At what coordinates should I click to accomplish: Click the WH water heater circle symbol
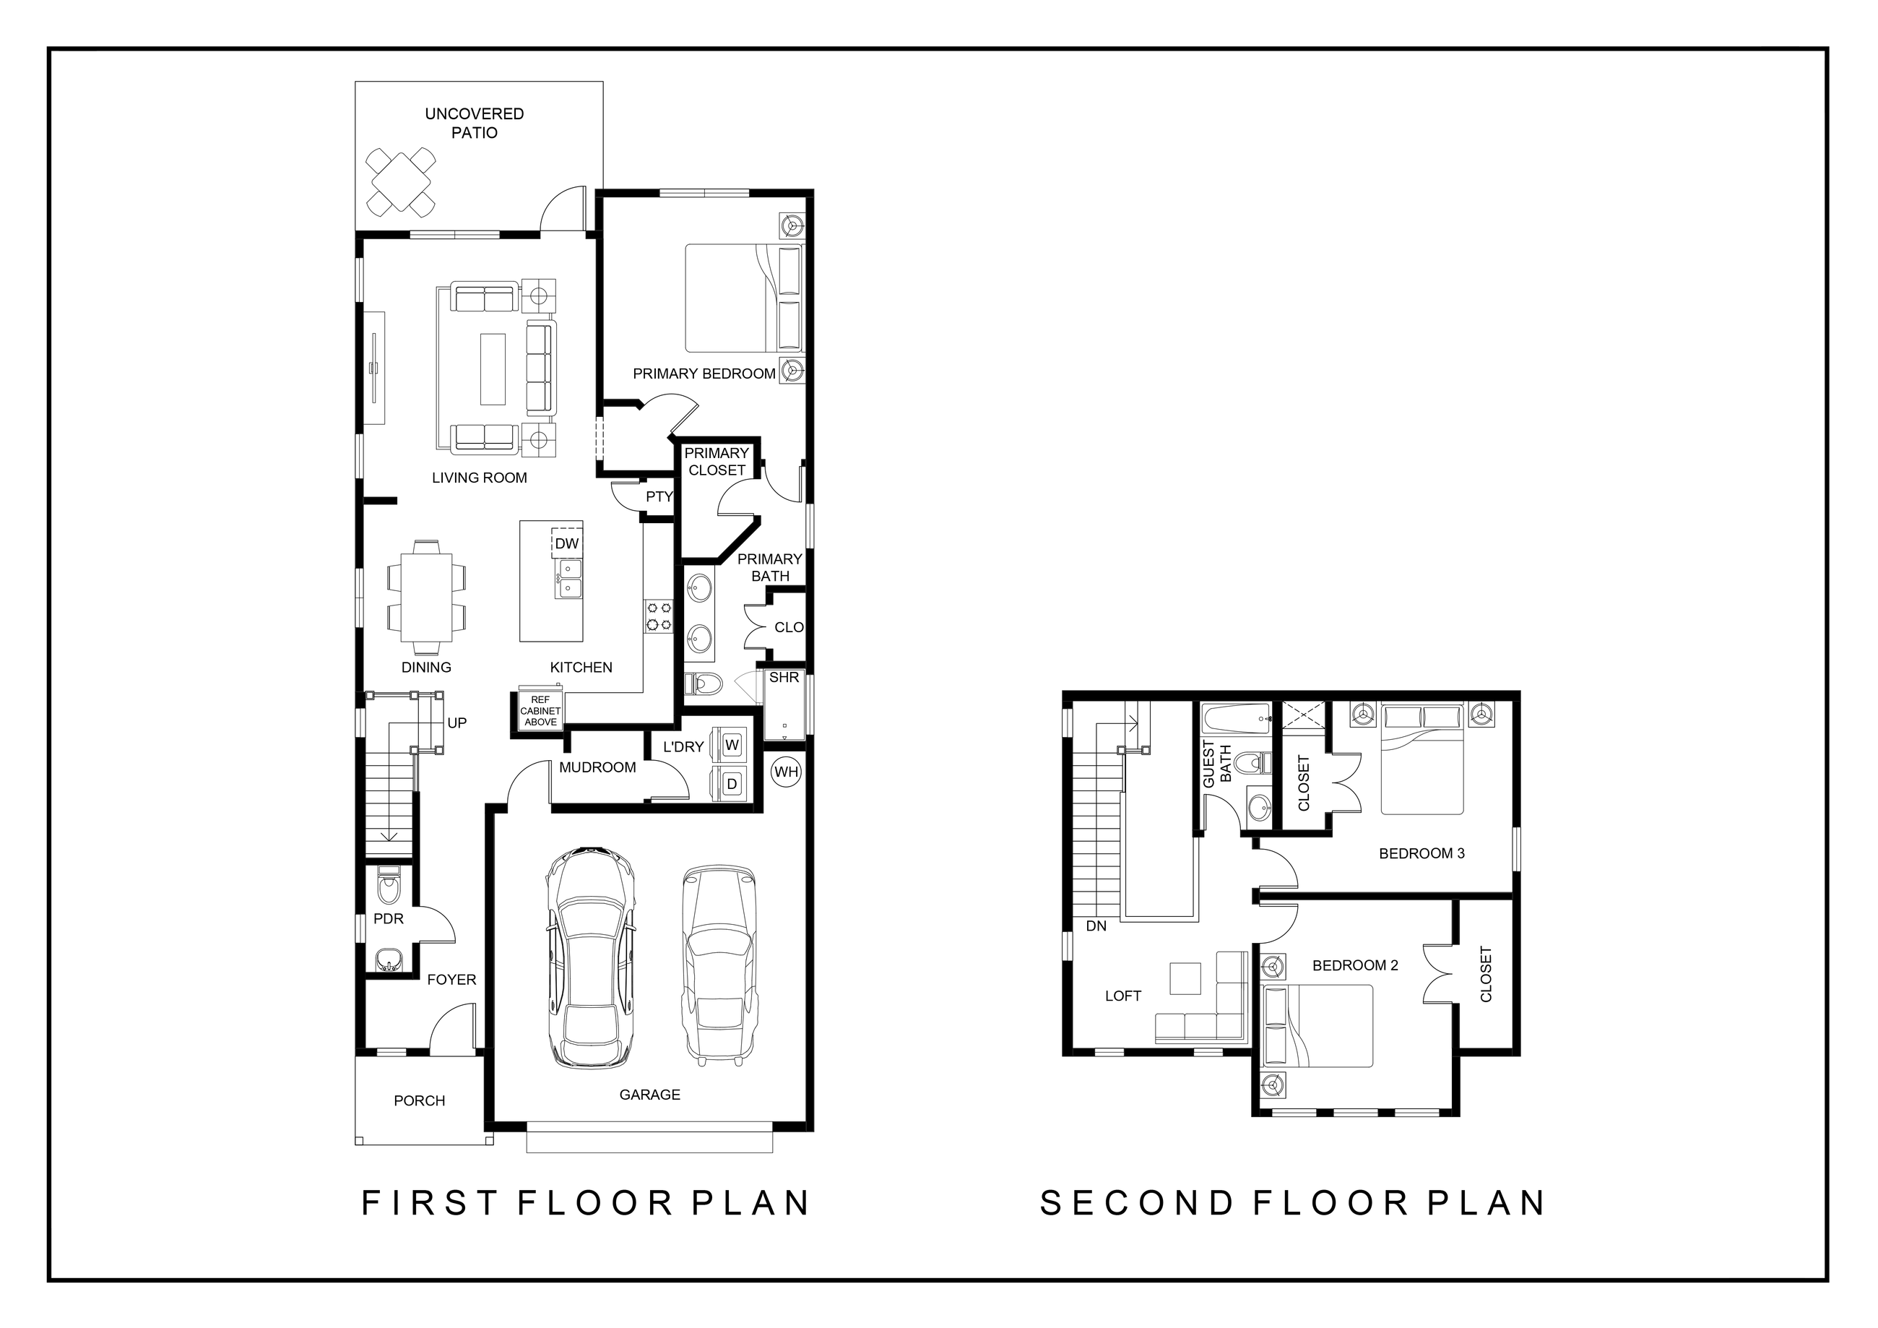click(786, 772)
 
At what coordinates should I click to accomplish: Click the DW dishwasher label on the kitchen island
click(566, 544)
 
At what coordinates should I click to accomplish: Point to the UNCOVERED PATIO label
click(475, 123)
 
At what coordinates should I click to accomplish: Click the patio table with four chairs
click(400, 181)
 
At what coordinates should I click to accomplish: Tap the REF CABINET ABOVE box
click(540, 711)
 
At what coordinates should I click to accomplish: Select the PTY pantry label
click(659, 496)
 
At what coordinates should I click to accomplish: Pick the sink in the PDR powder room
click(389, 960)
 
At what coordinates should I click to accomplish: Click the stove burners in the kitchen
click(659, 616)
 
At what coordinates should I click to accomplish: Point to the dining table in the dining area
click(426, 598)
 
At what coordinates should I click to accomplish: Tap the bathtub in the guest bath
click(1235, 720)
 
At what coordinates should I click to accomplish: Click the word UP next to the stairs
click(456, 723)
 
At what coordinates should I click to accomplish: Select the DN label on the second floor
click(1096, 926)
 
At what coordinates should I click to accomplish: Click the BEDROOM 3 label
click(1422, 853)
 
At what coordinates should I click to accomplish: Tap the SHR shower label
click(784, 678)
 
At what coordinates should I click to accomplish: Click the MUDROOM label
click(597, 767)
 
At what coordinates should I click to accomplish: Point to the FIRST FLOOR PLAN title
click(586, 1203)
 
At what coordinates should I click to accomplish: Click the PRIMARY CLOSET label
click(717, 462)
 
